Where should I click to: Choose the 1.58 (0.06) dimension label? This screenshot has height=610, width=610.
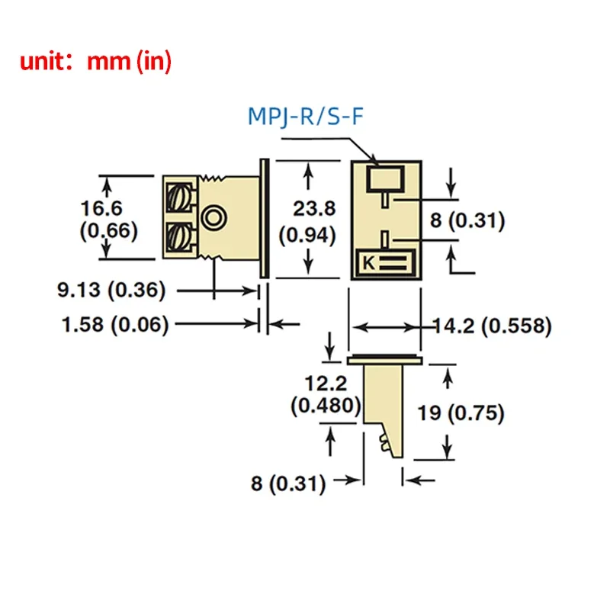114,325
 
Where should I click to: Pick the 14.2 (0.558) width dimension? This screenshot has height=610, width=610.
492,326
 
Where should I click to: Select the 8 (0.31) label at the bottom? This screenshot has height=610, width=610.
290,483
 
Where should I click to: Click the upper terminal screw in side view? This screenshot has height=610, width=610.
181,198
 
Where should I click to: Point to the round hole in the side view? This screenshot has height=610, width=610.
213,219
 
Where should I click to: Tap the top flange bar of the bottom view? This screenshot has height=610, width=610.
385,358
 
